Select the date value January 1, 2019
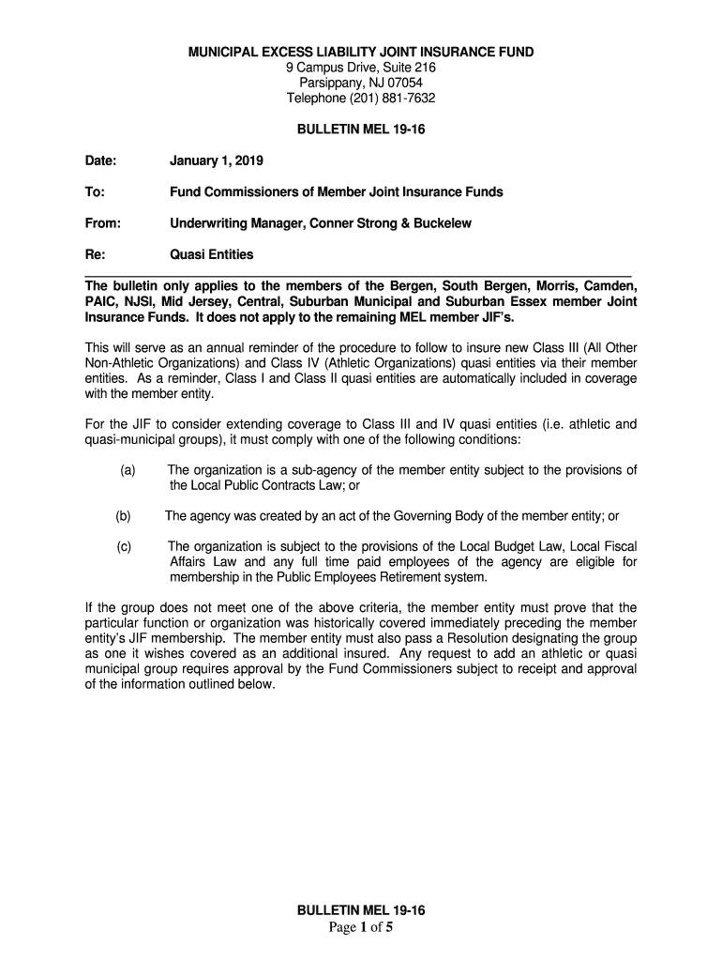[217, 161]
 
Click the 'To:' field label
[94, 192]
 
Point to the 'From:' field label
[102, 223]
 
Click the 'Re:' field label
[95, 254]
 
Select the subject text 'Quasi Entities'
[211, 254]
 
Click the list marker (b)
[124, 516]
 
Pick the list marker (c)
[124, 546]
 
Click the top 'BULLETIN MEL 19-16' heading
[361, 130]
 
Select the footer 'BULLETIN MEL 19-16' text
[361, 911]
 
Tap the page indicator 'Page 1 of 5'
[361, 928]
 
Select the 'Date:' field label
[100, 161]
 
